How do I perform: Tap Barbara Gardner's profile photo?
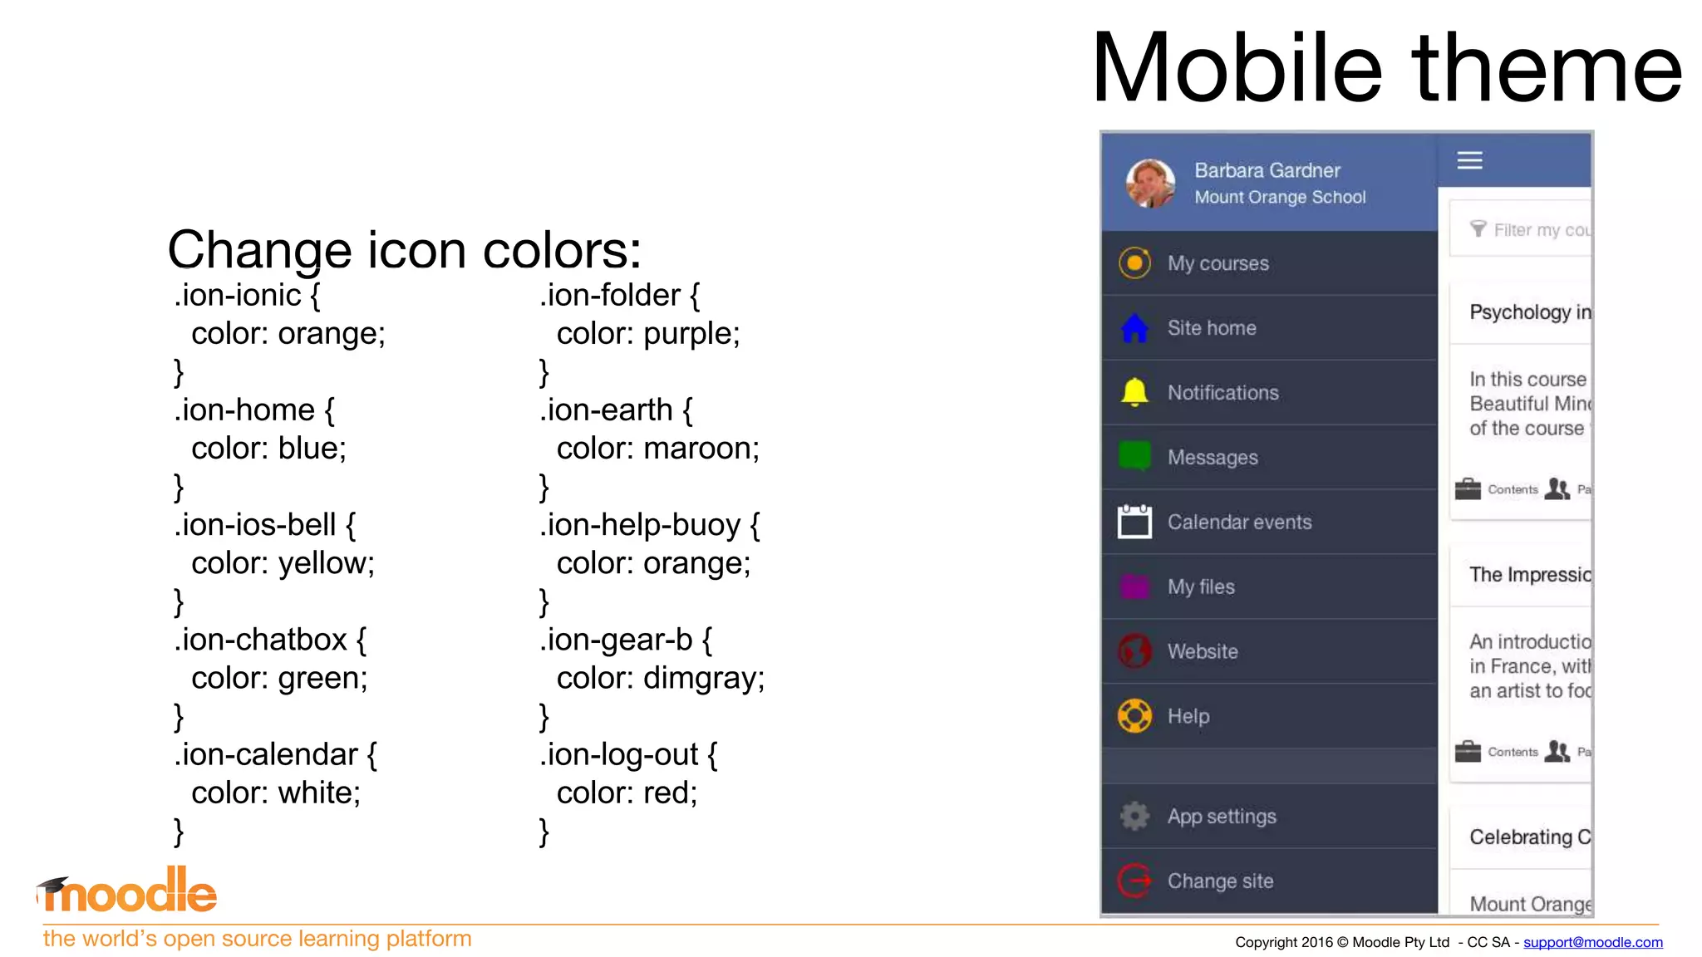tap(1150, 183)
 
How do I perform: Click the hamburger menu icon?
tap(1469, 160)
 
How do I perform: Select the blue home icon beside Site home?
tap(1134, 328)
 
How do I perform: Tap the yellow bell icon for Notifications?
tap(1134, 392)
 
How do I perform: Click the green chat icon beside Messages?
tap(1134, 456)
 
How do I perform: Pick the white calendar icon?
tap(1134, 522)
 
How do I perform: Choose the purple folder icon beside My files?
tap(1134, 586)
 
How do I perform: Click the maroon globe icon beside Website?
tap(1134, 651)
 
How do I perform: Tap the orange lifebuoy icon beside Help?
tap(1134, 716)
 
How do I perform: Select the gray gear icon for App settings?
tap(1134, 816)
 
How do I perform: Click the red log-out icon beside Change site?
tap(1134, 881)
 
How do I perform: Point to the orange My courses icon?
tap(1134, 263)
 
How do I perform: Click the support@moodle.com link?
tap(1592, 942)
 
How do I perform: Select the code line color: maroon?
tap(657, 449)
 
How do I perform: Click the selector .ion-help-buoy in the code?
tap(640, 525)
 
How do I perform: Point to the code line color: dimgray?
tap(660, 678)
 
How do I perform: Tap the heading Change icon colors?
tap(405, 249)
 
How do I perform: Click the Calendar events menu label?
tap(1239, 522)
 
